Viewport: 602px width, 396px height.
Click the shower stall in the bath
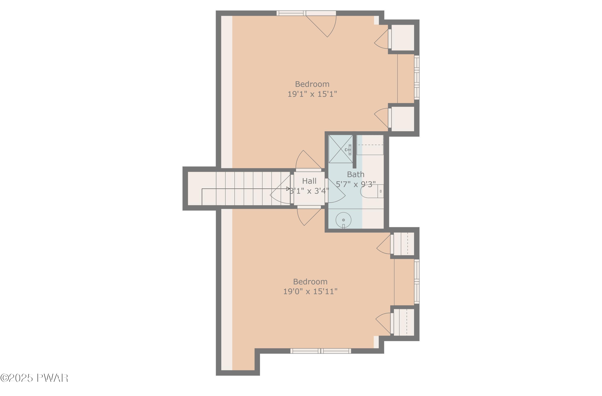point(341,149)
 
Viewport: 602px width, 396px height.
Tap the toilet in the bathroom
point(371,191)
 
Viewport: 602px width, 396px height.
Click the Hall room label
point(309,181)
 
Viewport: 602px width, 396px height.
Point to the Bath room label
point(355,174)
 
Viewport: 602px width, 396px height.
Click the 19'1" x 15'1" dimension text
point(312,94)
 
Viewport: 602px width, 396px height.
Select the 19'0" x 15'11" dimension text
point(310,291)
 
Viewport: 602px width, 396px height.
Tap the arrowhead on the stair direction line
point(288,189)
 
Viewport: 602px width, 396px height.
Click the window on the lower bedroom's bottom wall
point(320,351)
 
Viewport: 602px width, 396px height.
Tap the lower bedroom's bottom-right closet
point(404,322)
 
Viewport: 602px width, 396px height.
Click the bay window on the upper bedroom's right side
point(416,78)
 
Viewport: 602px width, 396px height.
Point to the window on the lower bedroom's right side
point(416,281)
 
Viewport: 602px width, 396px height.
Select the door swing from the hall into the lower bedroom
point(307,216)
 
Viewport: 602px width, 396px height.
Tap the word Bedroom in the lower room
point(310,281)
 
